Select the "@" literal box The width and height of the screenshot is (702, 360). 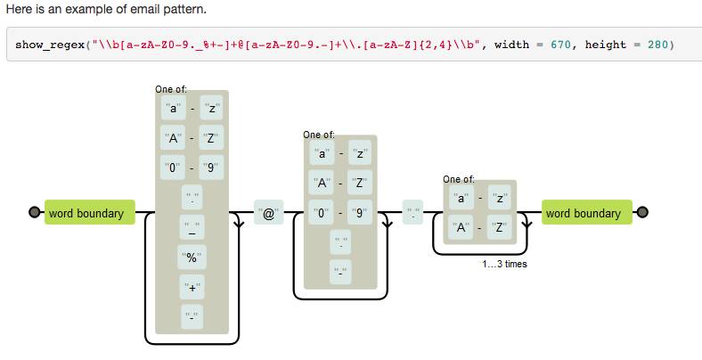click(x=267, y=214)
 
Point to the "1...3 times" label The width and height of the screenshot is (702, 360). click(x=504, y=265)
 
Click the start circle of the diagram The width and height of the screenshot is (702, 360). click(x=34, y=213)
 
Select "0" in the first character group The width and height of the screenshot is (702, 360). click(x=172, y=167)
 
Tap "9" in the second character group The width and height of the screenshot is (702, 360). click(x=360, y=214)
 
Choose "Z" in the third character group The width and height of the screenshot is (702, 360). click(x=499, y=227)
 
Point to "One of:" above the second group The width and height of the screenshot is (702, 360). click(x=319, y=135)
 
